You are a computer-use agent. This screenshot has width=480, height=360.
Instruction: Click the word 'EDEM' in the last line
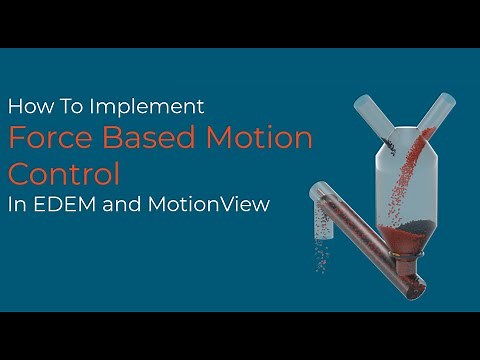[64, 206]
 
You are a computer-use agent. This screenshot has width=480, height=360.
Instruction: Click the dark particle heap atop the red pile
[412, 228]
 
